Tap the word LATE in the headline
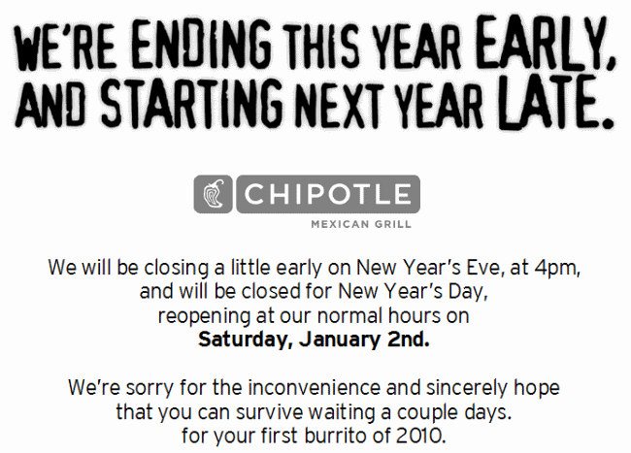pos(557,102)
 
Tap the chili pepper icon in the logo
pos(214,194)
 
